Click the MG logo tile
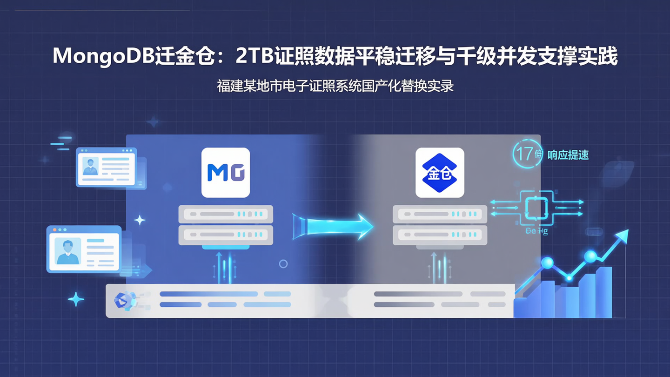click(226, 173)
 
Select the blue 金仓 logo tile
click(440, 173)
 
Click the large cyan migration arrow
click(333, 227)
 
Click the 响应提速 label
click(568, 155)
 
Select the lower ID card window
click(84, 249)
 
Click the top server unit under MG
click(226, 214)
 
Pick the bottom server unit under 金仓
click(440, 235)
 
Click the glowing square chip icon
click(536, 208)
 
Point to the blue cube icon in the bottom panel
click(125, 301)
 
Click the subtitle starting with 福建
click(335, 86)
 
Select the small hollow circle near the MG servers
click(283, 264)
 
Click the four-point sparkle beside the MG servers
click(140, 220)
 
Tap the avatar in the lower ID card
click(68, 251)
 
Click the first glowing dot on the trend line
click(547, 263)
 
